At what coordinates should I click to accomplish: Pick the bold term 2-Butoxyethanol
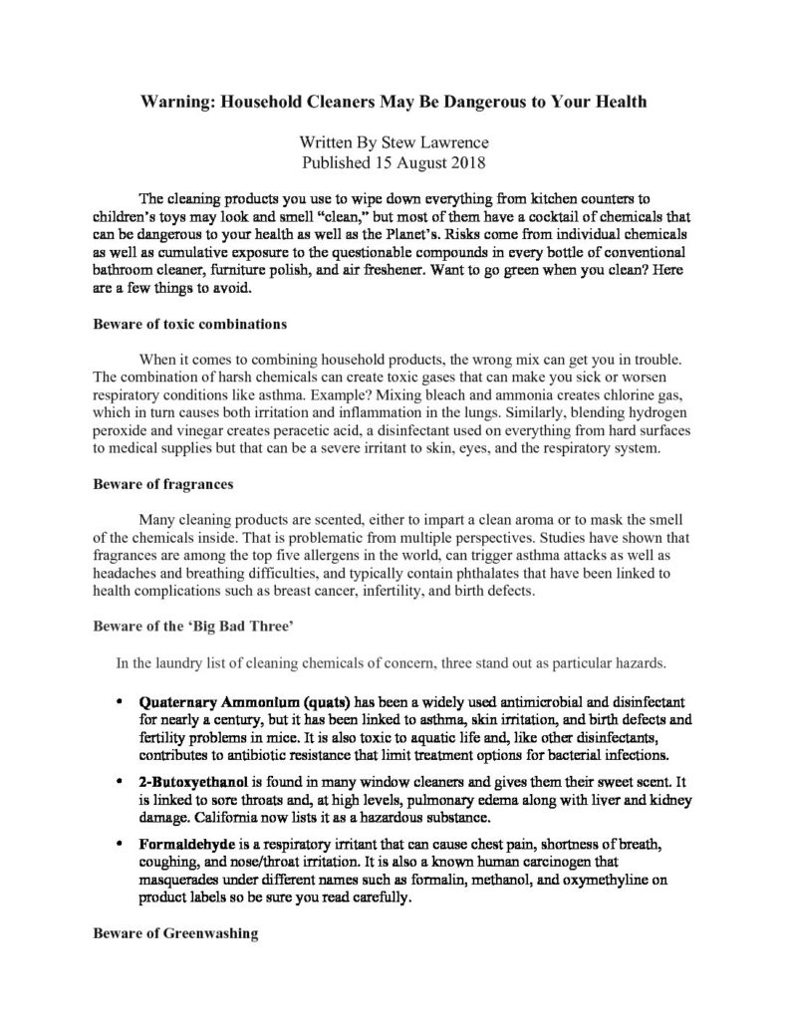coord(187,785)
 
